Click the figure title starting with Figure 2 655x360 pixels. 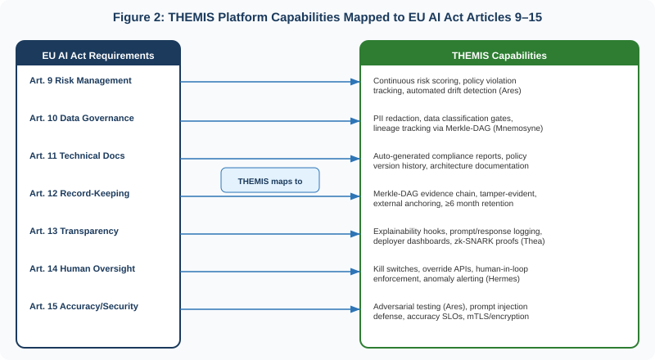click(x=327, y=18)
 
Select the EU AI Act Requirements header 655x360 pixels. click(x=98, y=55)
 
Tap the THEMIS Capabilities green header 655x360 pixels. click(x=499, y=55)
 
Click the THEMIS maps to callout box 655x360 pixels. click(x=270, y=180)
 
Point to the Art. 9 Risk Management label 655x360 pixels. click(x=80, y=80)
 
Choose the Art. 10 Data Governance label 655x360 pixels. click(x=82, y=118)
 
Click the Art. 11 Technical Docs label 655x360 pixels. click(x=77, y=155)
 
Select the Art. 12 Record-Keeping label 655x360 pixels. click(x=79, y=193)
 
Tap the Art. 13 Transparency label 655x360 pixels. click(x=74, y=231)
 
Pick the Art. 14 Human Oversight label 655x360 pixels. click(x=82, y=268)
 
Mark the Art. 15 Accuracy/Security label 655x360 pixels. click(x=84, y=306)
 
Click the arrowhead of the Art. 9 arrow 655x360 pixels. click(x=355, y=82)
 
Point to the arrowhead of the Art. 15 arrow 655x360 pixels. click(x=355, y=309)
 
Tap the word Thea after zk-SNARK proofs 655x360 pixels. click(x=531, y=241)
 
